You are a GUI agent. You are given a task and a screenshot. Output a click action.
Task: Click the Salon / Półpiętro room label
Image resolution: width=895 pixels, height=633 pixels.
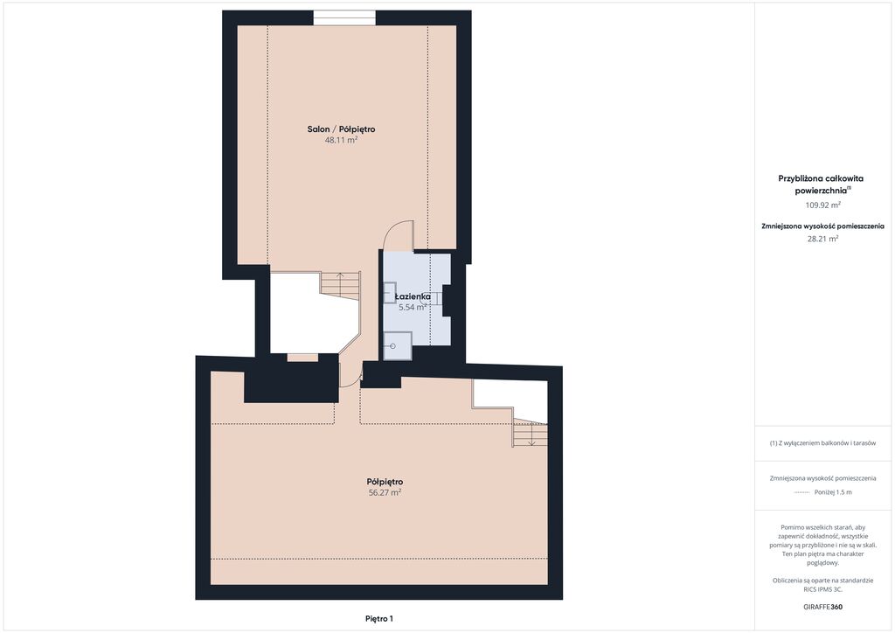(342, 129)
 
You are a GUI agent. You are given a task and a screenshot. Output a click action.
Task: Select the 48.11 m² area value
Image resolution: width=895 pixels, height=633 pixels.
(342, 140)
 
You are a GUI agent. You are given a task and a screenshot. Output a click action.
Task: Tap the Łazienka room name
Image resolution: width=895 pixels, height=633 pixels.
(413, 296)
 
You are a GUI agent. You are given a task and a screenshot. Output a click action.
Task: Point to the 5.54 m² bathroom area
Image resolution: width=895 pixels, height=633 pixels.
(413, 307)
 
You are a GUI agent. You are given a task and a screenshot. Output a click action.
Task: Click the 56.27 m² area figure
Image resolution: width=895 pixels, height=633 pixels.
(385, 492)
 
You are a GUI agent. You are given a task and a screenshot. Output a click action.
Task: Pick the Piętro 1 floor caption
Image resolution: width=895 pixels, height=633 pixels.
(379, 619)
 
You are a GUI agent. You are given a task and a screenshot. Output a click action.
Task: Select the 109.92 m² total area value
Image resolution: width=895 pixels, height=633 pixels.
(822, 205)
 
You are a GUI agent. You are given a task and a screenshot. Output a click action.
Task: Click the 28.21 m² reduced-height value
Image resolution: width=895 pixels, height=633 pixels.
(822, 239)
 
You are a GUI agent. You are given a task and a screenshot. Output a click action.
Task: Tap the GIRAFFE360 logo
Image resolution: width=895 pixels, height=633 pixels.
(822, 607)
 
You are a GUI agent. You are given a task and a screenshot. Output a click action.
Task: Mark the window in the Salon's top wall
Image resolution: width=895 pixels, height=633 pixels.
(344, 17)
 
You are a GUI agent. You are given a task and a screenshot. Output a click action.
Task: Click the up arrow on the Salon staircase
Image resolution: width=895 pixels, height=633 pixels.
(340, 282)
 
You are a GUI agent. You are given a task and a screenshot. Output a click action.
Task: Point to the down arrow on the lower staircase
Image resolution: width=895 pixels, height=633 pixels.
(531, 436)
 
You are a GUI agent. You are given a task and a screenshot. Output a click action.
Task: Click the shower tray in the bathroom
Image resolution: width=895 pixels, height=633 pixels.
(398, 346)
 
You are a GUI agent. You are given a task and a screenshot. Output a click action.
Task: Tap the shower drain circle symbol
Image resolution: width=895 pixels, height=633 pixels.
(392, 346)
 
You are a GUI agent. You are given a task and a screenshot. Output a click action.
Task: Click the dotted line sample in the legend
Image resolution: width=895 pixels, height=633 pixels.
(802, 492)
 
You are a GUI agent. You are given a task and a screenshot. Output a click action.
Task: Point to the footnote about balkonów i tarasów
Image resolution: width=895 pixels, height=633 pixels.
(822, 443)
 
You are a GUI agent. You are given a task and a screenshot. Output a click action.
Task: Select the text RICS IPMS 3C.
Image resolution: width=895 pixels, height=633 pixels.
(822, 589)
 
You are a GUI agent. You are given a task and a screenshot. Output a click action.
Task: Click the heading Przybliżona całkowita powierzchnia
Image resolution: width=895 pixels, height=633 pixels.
(821, 184)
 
